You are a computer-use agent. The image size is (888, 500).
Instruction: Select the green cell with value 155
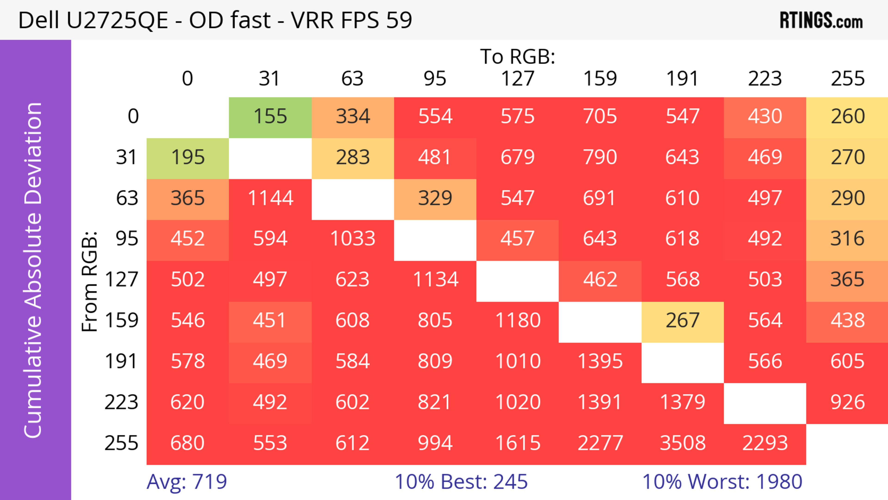(x=270, y=117)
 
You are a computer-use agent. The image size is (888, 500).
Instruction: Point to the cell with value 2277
(x=600, y=443)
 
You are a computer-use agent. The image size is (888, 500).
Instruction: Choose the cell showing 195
(x=188, y=158)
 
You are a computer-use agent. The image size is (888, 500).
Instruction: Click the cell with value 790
(x=600, y=158)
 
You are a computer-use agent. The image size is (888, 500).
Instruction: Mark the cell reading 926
(x=847, y=402)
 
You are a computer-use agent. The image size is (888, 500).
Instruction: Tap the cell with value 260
(x=847, y=117)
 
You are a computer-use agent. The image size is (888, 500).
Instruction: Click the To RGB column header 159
(x=600, y=79)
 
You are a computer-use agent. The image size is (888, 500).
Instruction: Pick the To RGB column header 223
(x=765, y=79)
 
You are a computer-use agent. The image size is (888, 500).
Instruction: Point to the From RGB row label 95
(x=127, y=239)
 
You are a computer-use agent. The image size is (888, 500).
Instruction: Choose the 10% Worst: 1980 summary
(x=722, y=482)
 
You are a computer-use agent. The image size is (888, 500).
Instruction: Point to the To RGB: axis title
(x=518, y=56)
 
